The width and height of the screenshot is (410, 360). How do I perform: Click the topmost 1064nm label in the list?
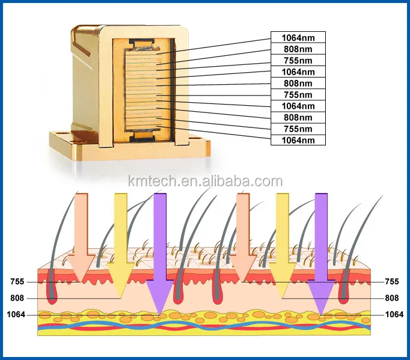tap(298, 37)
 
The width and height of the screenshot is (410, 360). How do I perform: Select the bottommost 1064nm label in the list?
tap(298, 140)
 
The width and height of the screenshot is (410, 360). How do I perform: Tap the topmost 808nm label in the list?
tap(298, 49)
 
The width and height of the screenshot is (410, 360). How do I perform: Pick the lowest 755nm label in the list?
tap(298, 129)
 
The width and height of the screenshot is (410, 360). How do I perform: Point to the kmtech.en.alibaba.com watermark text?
tap(205, 181)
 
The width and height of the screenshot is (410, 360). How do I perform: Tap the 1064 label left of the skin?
tap(16, 314)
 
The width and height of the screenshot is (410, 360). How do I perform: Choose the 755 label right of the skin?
tap(391, 281)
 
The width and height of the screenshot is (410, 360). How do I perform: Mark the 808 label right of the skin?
tap(391, 297)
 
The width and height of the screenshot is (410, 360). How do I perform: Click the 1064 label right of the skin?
tap(394, 314)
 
